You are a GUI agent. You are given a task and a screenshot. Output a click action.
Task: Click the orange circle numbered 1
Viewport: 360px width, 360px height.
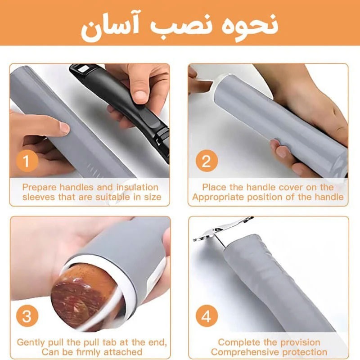pos(27,161)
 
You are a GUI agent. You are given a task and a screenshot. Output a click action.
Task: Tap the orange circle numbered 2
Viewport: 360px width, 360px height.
pos(207,161)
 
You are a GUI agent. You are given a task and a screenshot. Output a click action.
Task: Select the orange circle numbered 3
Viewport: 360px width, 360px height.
pos(27,316)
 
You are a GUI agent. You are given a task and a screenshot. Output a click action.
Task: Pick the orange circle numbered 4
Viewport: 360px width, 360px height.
pos(207,316)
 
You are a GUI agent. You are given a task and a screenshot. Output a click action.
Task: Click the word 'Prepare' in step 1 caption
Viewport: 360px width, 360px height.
pos(39,188)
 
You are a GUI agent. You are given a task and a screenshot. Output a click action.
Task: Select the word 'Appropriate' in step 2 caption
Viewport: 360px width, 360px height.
pos(218,197)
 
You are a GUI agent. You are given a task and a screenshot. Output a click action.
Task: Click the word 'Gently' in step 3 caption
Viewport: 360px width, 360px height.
pos(31,342)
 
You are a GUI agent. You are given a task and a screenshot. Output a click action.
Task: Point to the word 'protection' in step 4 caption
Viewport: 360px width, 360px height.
pos(305,352)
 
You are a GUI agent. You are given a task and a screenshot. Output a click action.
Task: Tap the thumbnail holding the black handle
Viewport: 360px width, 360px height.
pos(139,94)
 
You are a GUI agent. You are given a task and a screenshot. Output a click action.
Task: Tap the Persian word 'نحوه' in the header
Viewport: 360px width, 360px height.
pos(250,27)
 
